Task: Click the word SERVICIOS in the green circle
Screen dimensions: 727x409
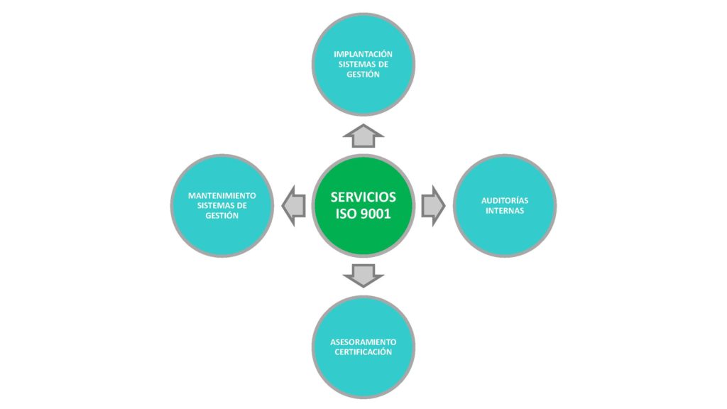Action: pyautogui.click(x=363, y=197)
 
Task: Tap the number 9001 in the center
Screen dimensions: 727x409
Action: pyautogui.click(x=375, y=214)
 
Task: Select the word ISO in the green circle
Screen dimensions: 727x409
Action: pyautogui.click(x=346, y=214)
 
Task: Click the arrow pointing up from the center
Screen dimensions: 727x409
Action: pyautogui.click(x=363, y=136)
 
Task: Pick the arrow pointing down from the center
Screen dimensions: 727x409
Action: pyautogui.click(x=363, y=276)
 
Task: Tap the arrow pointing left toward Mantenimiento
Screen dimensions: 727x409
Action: pyautogui.click(x=293, y=206)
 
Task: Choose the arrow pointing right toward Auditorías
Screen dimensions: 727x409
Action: pyautogui.click(x=433, y=206)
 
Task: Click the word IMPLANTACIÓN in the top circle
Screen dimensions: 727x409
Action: pyautogui.click(x=363, y=54)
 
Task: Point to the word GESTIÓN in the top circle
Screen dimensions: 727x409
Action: pyautogui.click(x=363, y=74)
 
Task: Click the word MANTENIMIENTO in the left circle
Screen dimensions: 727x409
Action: pyautogui.click(x=222, y=196)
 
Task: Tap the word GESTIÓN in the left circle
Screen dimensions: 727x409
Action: pyautogui.click(x=222, y=216)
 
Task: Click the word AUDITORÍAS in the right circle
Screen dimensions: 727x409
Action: pyautogui.click(x=505, y=201)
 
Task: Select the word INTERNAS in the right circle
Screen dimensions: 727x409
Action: pyautogui.click(x=505, y=210)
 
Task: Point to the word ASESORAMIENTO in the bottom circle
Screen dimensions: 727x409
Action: pyautogui.click(x=363, y=342)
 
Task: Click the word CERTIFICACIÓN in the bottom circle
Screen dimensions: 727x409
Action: pyautogui.click(x=363, y=352)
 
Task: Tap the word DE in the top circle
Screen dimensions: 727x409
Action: pyautogui.click(x=383, y=64)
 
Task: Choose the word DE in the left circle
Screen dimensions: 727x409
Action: pyautogui.click(x=241, y=205)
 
